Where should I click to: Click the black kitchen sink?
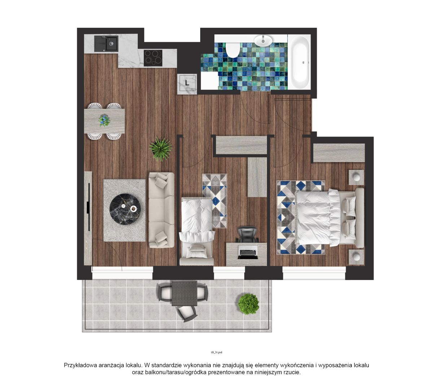106,44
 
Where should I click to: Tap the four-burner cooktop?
153,58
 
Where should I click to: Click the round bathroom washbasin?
263,40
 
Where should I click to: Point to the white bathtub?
299,62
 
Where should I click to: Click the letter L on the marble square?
187,83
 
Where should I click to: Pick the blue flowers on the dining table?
105,120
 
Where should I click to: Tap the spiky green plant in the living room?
161,149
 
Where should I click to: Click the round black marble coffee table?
125,209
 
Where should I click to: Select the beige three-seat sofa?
161,210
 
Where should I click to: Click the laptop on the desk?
248,252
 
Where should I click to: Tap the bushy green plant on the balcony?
248,304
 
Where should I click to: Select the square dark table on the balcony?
184,293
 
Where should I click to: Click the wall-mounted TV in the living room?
88,207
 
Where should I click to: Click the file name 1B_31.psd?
216,352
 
